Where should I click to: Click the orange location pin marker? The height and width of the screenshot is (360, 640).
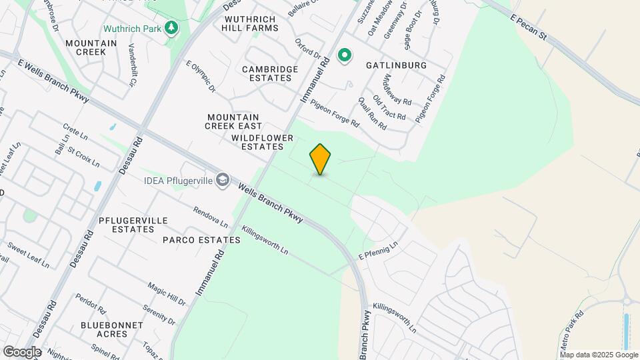[x=320, y=159]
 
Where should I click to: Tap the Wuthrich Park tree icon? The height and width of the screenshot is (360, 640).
[x=172, y=28]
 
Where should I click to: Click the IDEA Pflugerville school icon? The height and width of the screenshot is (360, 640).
[x=223, y=180]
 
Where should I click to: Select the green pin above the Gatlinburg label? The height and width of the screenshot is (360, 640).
[x=345, y=56]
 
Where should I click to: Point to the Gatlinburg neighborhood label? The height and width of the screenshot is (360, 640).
[x=396, y=65]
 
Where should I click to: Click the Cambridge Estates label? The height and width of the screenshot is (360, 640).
[x=270, y=73]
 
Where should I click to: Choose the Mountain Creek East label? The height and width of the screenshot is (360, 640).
[x=233, y=121]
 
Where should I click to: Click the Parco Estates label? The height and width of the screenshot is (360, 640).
[x=201, y=240]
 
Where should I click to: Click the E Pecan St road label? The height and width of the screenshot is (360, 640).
[x=529, y=26]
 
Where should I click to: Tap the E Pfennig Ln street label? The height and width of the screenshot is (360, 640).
[x=378, y=251]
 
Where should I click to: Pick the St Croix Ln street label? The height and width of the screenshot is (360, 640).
[x=83, y=158]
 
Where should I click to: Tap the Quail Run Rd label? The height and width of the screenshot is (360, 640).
[x=372, y=113]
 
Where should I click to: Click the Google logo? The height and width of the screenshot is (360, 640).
[x=22, y=351]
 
